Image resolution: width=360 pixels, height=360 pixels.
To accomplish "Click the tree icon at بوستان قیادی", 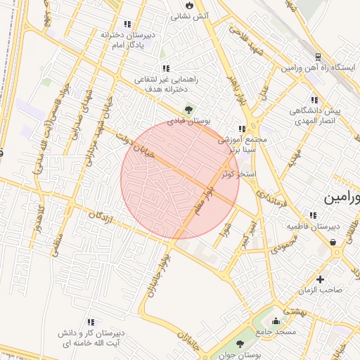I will click(188, 109).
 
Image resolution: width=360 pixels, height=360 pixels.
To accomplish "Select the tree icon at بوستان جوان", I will click(240, 344).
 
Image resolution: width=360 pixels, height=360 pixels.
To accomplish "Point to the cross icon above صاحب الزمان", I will click(320, 279).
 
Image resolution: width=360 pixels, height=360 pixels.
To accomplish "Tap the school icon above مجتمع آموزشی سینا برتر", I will click(243, 129).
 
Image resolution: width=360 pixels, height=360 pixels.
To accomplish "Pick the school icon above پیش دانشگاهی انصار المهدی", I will click(314, 100).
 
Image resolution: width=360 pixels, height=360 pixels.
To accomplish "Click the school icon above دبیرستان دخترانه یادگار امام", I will click(127, 24).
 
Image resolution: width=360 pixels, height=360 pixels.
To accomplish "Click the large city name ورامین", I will click(341, 198).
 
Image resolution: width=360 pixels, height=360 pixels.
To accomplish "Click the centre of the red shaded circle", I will click(180, 179).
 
